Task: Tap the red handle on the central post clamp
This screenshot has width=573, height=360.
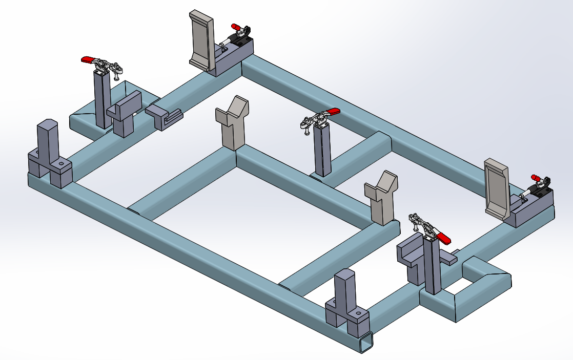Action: (x=332, y=112)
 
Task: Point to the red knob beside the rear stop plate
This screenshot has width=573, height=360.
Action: (x=235, y=26)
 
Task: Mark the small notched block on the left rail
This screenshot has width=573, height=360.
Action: (x=164, y=116)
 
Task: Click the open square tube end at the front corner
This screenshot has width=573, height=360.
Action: (x=366, y=343)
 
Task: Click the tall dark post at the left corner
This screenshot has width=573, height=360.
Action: (x=48, y=141)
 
